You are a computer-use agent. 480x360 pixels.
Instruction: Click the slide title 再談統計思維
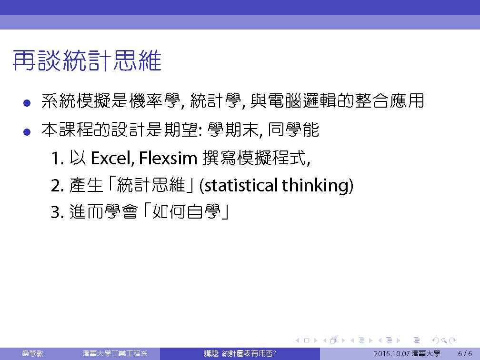click(x=87, y=60)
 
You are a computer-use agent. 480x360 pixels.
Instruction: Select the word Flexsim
click(x=168, y=158)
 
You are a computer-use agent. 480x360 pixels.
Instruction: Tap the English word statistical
click(x=241, y=185)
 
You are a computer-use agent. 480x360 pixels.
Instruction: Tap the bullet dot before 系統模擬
click(x=27, y=102)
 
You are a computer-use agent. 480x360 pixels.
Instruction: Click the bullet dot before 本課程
click(x=27, y=132)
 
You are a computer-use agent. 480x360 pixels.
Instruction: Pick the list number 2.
click(x=57, y=186)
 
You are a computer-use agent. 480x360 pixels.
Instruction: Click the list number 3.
click(x=57, y=212)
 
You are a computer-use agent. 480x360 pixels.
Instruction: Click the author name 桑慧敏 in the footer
click(x=32, y=353)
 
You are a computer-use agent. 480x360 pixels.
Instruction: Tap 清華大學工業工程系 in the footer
click(x=115, y=353)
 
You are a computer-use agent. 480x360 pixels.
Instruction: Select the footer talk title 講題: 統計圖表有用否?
click(x=240, y=353)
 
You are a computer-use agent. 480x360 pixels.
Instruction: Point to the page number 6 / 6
click(x=465, y=354)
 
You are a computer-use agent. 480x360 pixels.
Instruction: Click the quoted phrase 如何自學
click(x=186, y=211)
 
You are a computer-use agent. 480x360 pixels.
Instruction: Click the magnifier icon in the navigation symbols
click(x=444, y=340)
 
